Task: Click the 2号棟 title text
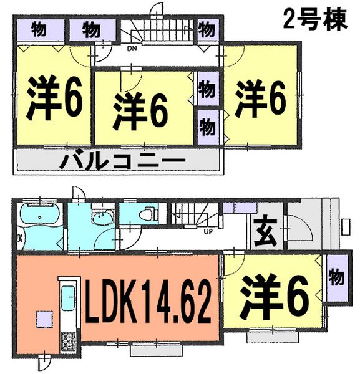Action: [x=314, y=21]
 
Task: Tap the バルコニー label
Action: [x=123, y=162]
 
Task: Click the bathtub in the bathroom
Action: [x=39, y=218]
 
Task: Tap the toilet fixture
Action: [x=144, y=214]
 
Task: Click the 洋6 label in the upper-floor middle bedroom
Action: [x=141, y=111]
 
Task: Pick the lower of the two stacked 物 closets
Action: [x=207, y=126]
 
